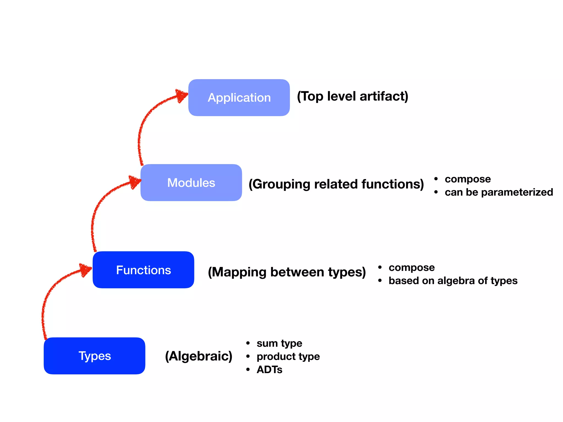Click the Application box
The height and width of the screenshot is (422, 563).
click(239, 98)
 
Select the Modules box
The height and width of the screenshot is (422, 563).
click(191, 183)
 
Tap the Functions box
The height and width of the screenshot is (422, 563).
click(143, 270)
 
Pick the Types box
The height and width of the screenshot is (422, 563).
click(94, 356)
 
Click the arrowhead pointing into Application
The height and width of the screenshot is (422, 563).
click(181, 95)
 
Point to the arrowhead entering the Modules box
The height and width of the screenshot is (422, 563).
click(135, 182)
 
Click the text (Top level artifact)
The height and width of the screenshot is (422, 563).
click(352, 96)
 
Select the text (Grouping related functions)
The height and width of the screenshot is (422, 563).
click(336, 184)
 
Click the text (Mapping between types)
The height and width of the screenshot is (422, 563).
click(287, 272)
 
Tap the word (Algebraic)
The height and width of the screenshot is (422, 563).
click(198, 356)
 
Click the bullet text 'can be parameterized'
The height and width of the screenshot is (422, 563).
click(499, 192)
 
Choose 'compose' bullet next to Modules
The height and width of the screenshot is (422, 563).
click(468, 179)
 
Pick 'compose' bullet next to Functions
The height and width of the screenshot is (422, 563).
click(412, 267)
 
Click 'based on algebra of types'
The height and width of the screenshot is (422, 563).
click(453, 281)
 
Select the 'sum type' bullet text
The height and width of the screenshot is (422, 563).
click(279, 343)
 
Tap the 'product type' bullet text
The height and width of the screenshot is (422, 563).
click(288, 356)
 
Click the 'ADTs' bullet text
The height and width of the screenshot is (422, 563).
click(269, 370)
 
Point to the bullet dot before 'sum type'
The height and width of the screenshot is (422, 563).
click(248, 343)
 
